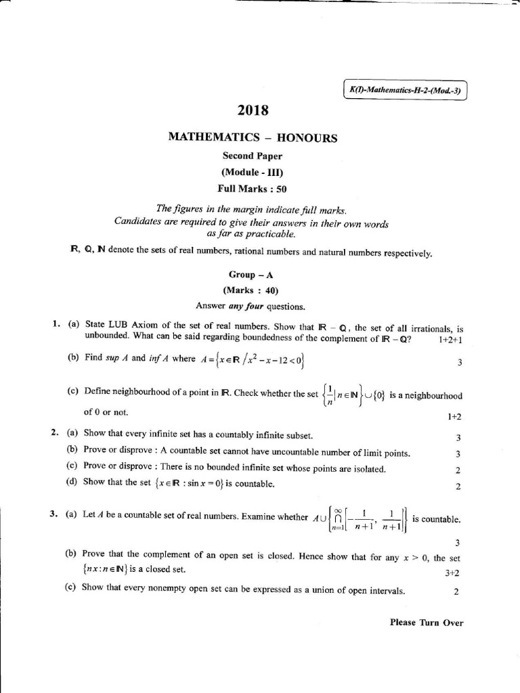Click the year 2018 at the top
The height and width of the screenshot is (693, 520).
click(x=253, y=110)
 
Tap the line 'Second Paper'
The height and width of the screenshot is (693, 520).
click(x=253, y=156)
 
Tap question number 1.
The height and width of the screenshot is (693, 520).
click(x=56, y=324)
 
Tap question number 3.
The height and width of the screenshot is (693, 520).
click(x=54, y=514)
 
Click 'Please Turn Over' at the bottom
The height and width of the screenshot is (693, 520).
click(x=427, y=623)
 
